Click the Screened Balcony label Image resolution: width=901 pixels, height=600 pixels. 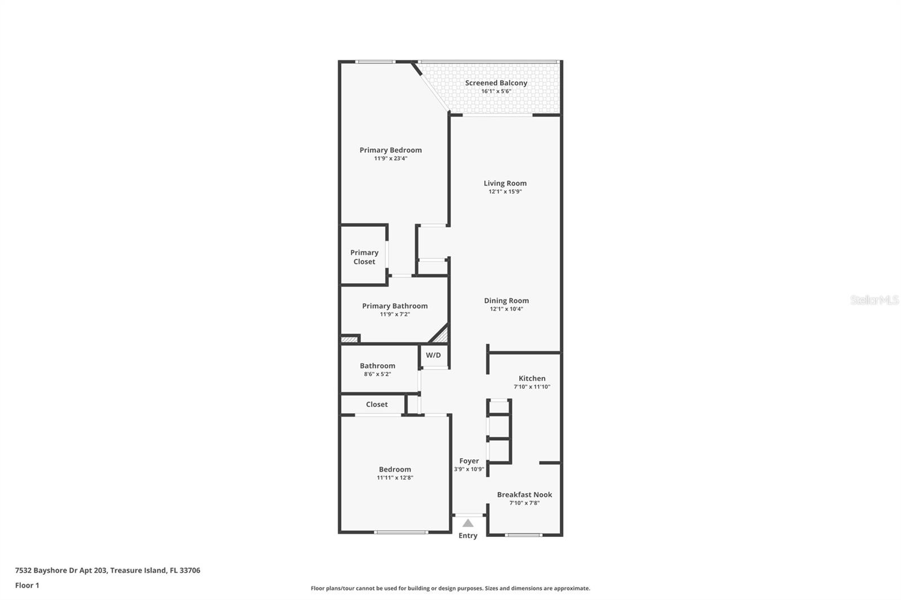pyautogui.click(x=496, y=83)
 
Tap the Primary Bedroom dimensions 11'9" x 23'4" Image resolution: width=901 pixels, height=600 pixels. pyautogui.click(x=391, y=159)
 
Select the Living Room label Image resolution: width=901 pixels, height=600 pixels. pyautogui.click(x=505, y=183)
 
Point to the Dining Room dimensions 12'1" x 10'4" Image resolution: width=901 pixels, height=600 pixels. pyautogui.click(x=506, y=309)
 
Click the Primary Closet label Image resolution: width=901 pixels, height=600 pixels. pyautogui.click(x=364, y=257)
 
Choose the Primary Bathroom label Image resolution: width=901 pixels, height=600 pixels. pyautogui.click(x=395, y=306)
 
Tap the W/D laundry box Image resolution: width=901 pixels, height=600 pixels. pyautogui.click(x=434, y=356)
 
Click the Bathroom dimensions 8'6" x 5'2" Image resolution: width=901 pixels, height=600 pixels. pyautogui.click(x=377, y=374)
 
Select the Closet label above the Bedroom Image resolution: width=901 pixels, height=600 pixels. pyautogui.click(x=377, y=404)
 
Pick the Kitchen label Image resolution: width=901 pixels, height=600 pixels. pyautogui.click(x=532, y=378)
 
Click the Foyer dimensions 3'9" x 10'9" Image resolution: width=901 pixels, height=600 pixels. pyautogui.click(x=469, y=469)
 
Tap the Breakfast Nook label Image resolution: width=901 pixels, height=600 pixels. pyautogui.click(x=524, y=495)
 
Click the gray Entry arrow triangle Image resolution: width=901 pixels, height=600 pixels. pyautogui.click(x=468, y=523)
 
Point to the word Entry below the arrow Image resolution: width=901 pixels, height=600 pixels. pyautogui.click(x=468, y=536)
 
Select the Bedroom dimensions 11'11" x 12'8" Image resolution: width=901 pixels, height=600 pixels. pyautogui.click(x=395, y=478)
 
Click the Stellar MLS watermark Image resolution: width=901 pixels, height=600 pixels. pyautogui.click(x=874, y=300)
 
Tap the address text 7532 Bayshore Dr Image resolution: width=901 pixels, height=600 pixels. pyautogui.click(x=107, y=570)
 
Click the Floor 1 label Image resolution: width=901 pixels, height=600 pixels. pyautogui.click(x=27, y=585)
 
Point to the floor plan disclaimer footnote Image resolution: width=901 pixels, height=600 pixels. pyautogui.click(x=450, y=588)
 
